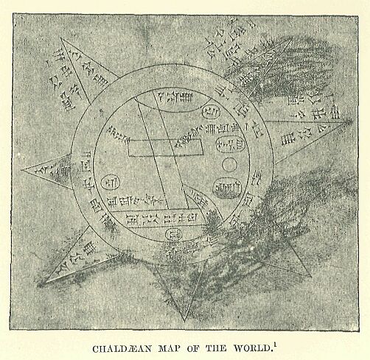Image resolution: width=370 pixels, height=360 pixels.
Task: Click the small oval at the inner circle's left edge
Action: click(x=113, y=179)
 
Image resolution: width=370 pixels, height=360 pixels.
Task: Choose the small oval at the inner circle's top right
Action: click(x=209, y=110)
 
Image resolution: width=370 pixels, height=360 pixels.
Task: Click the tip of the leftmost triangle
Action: click(x=22, y=172)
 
